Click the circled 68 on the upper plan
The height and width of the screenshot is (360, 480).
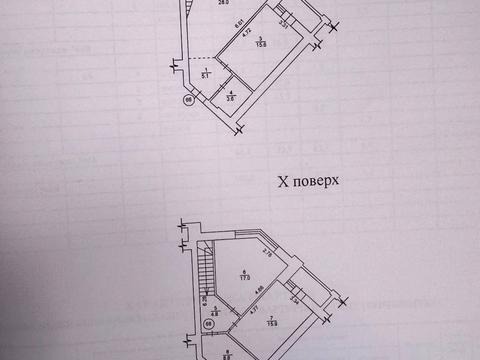(187, 100)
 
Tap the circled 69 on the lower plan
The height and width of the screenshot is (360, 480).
(209, 323)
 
